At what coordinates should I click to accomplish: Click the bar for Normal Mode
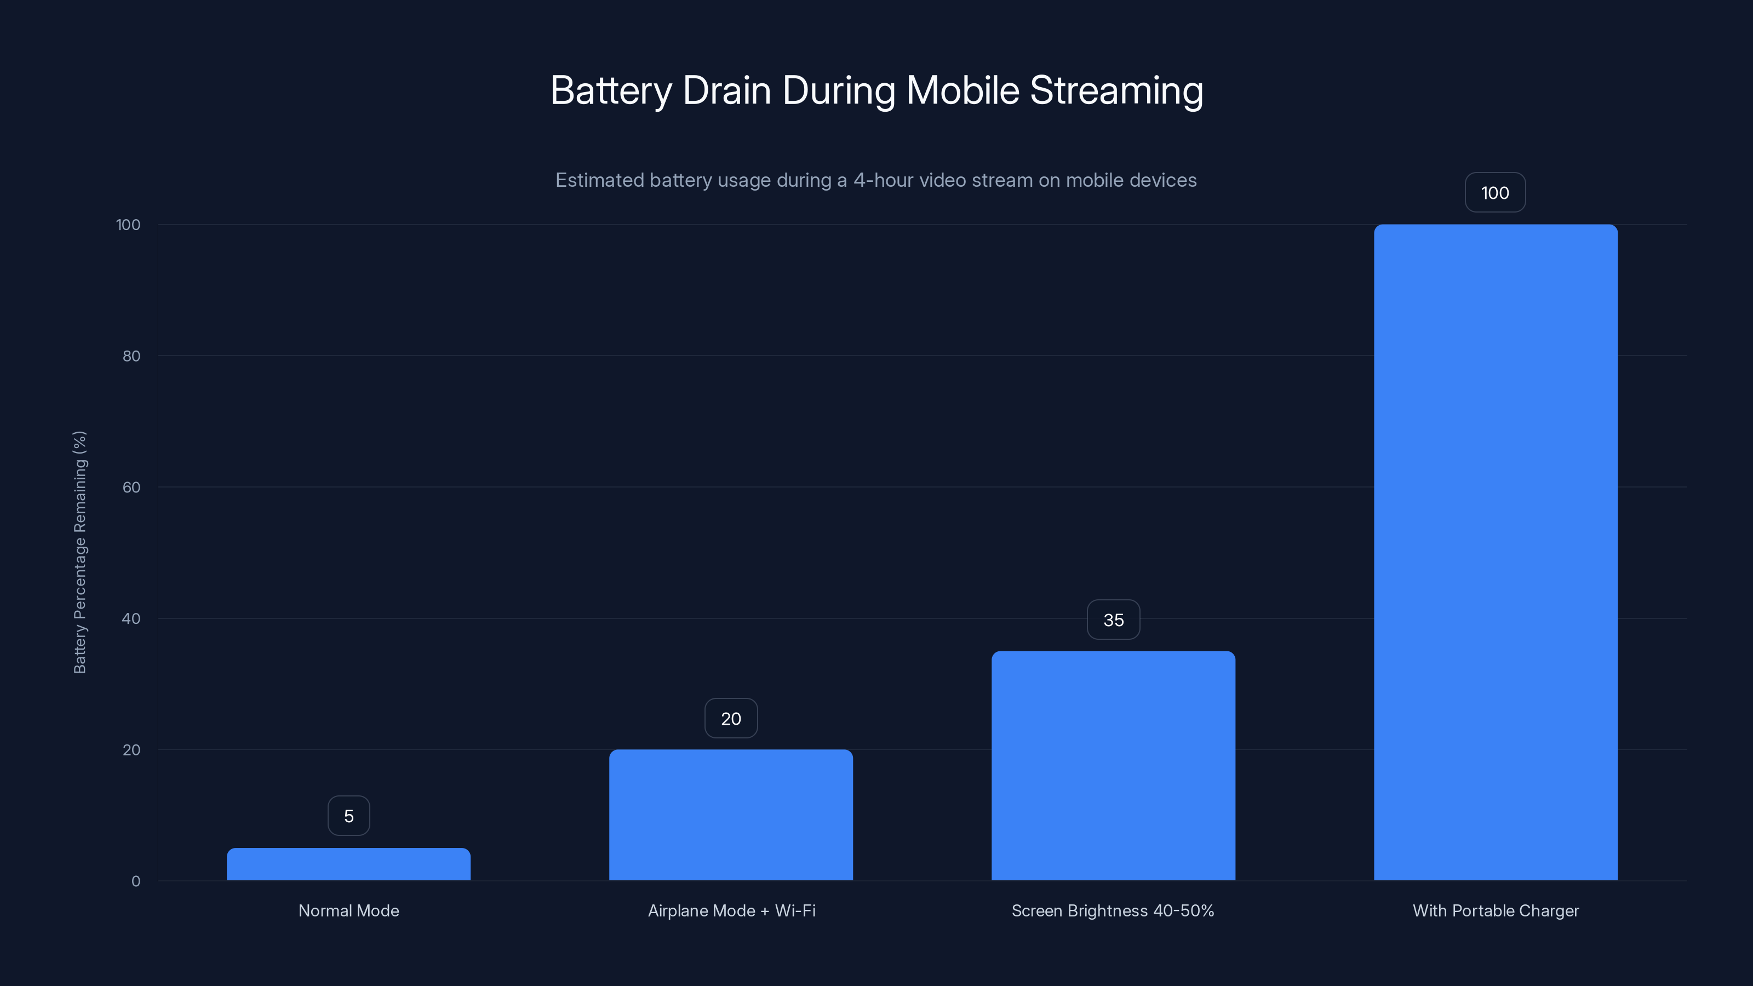[348, 864]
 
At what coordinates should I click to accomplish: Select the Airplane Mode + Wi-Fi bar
[731, 815]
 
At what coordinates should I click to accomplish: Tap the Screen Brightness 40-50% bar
[1113, 766]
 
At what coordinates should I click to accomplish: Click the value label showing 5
[348, 816]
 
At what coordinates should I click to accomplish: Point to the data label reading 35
[1113, 620]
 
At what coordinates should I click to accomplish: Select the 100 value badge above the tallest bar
[1495, 193]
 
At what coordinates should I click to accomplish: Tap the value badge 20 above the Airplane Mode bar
[731, 719]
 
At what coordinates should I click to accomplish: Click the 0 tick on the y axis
[135, 881]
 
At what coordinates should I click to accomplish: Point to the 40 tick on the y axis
[131, 618]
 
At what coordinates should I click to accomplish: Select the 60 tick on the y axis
[131, 487]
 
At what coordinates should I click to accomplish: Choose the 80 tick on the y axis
[131, 356]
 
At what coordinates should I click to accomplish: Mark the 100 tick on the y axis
[128, 225]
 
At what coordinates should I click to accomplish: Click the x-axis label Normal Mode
[348, 910]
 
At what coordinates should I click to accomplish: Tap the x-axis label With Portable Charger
[1495, 910]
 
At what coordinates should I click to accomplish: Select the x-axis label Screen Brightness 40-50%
[1113, 910]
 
